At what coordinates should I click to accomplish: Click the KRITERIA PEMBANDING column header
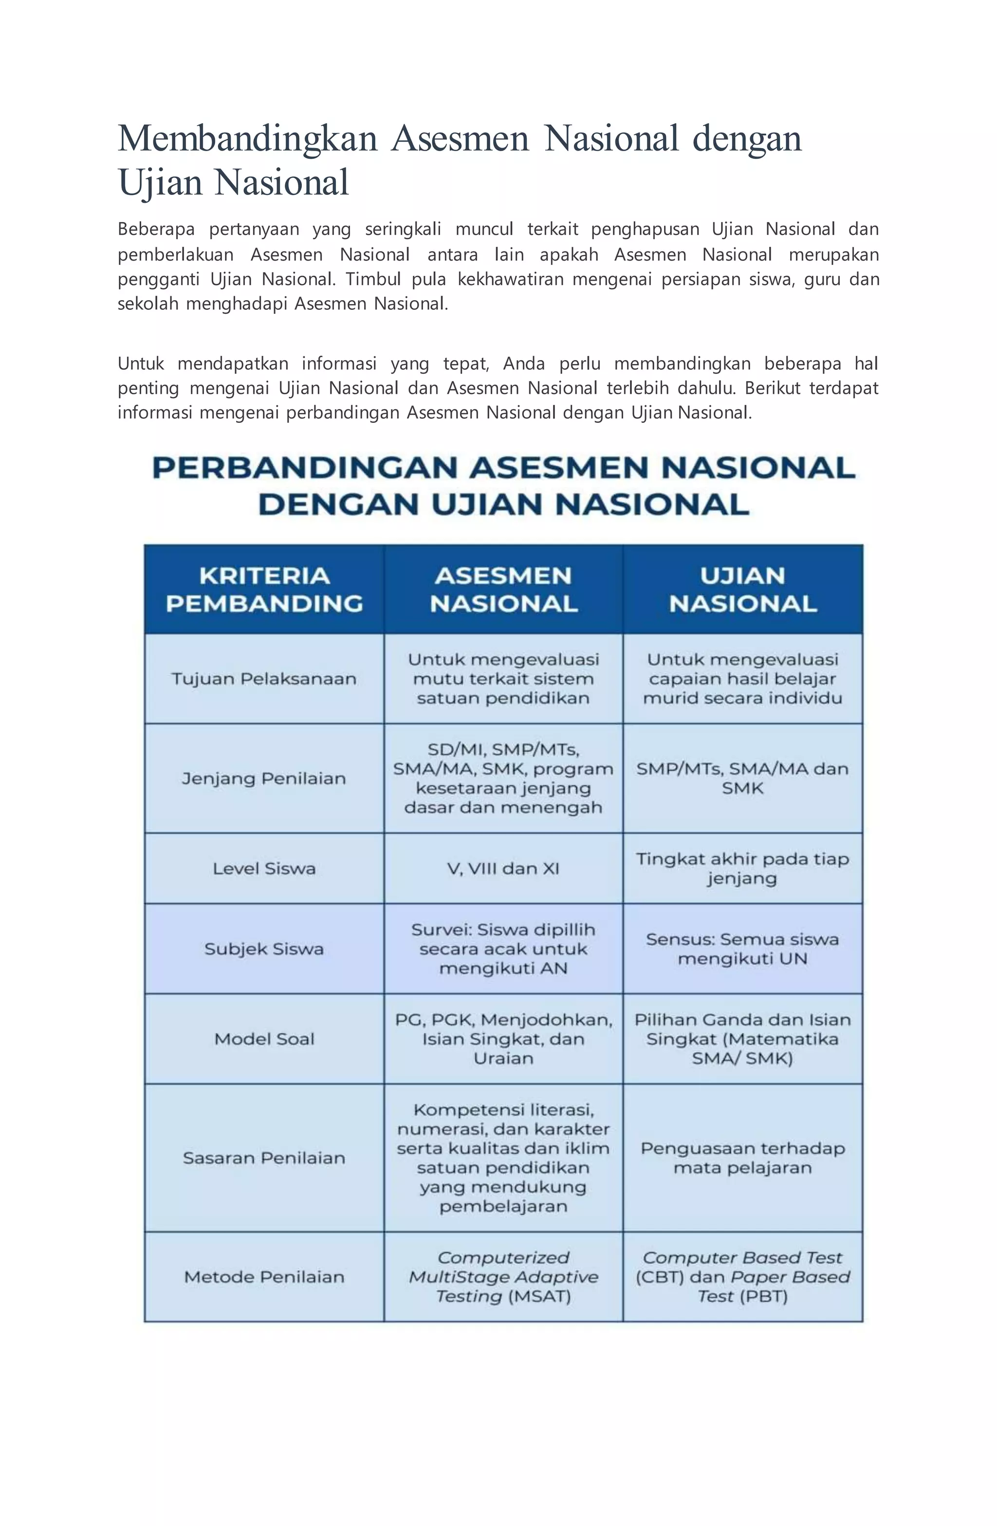pos(264,589)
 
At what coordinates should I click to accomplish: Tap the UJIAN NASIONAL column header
pos(742,589)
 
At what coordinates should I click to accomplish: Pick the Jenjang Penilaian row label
pos(263,779)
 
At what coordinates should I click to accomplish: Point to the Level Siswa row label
pos(264,868)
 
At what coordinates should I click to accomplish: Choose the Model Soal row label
pos(264,1039)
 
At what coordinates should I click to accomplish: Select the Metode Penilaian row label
pos(264,1277)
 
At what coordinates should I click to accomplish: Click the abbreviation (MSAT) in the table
pos(539,1297)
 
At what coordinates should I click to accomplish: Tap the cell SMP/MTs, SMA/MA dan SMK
pos(742,779)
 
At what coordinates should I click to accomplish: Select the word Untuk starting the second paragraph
pos(141,363)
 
